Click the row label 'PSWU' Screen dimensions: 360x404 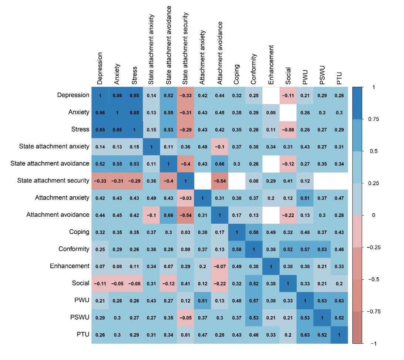[81, 317]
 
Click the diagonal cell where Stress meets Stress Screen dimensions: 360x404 [134, 129]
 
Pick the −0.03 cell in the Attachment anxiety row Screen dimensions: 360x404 [185, 197]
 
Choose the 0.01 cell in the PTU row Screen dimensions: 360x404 [185, 334]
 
